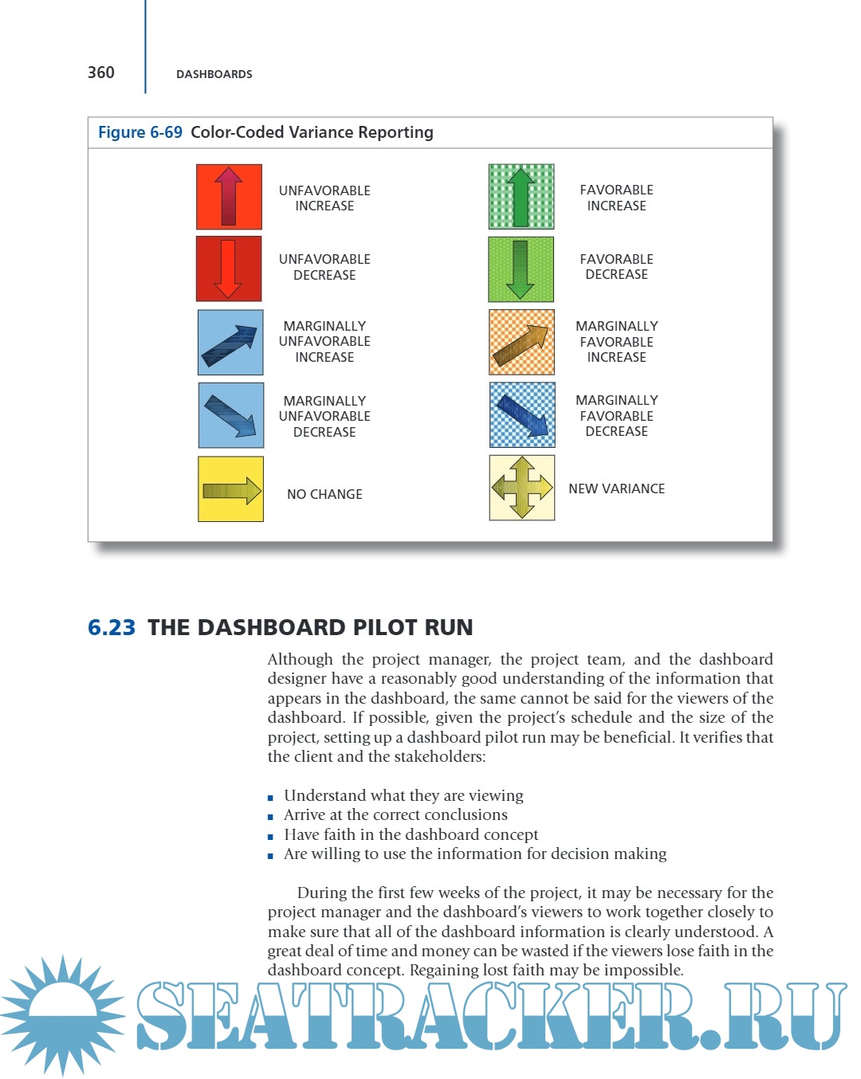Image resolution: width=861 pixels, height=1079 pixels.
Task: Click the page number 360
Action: pyautogui.click(x=101, y=73)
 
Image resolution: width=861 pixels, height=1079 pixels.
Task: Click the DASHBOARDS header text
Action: pyautogui.click(x=214, y=74)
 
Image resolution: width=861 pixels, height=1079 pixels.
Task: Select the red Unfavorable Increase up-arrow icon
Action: pyautogui.click(x=229, y=197)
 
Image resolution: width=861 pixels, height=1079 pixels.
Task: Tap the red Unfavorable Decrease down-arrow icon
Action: pyautogui.click(x=229, y=269)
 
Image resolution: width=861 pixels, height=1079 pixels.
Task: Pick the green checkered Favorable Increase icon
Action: pyautogui.click(x=521, y=197)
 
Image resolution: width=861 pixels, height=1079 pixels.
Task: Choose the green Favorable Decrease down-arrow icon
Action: pyautogui.click(x=521, y=269)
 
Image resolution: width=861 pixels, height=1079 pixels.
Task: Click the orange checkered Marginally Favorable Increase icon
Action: pyautogui.click(x=521, y=342)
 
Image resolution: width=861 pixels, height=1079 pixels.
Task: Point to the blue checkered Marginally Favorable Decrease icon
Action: pyautogui.click(x=522, y=415)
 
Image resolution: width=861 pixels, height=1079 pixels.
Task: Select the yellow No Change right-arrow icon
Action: pyautogui.click(x=230, y=489)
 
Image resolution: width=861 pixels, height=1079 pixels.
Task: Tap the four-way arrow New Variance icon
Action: pyautogui.click(x=521, y=488)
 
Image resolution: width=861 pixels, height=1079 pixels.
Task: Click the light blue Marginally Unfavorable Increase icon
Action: pyautogui.click(x=230, y=343)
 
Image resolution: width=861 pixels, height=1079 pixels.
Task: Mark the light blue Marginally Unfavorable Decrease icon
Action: pyautogui.click(x=230, y=415)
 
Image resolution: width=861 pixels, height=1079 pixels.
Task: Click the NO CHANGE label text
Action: pyautogui.click(x=324, y=494)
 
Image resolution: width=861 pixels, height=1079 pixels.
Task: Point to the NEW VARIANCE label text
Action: pyautogui.click(x=616, y=488)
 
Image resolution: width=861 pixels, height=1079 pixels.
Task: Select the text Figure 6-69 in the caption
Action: pyautogui.click(x=140, y=132)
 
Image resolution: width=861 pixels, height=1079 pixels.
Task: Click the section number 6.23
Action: pyautogui.click(x=112, y=628)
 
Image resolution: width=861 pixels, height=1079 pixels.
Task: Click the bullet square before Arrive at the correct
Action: pyautogui.click(x=271, y=817)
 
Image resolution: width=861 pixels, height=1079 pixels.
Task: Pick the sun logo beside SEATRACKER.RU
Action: pyautogui.click(x=62, y=1014)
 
